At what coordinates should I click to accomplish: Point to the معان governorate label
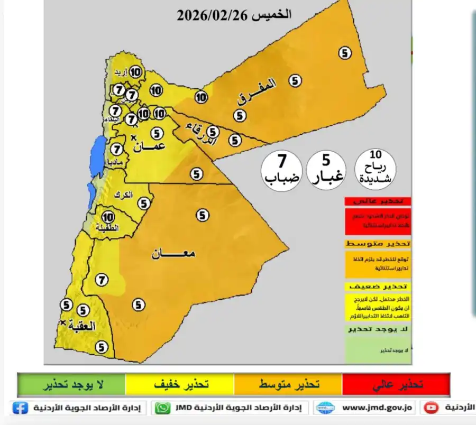tap(173, 253)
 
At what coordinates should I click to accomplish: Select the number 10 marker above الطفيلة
tap(108, 217)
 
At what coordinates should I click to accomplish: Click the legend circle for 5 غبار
tap(326, 170)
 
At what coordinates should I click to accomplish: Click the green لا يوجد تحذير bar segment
tap(71, 384)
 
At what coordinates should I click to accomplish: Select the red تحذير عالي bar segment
tap(396, 384)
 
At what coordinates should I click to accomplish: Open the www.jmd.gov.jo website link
tap(378, 408)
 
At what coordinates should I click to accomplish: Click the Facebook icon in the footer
tap(20, 408)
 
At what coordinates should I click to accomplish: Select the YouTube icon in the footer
tap(432, 408)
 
